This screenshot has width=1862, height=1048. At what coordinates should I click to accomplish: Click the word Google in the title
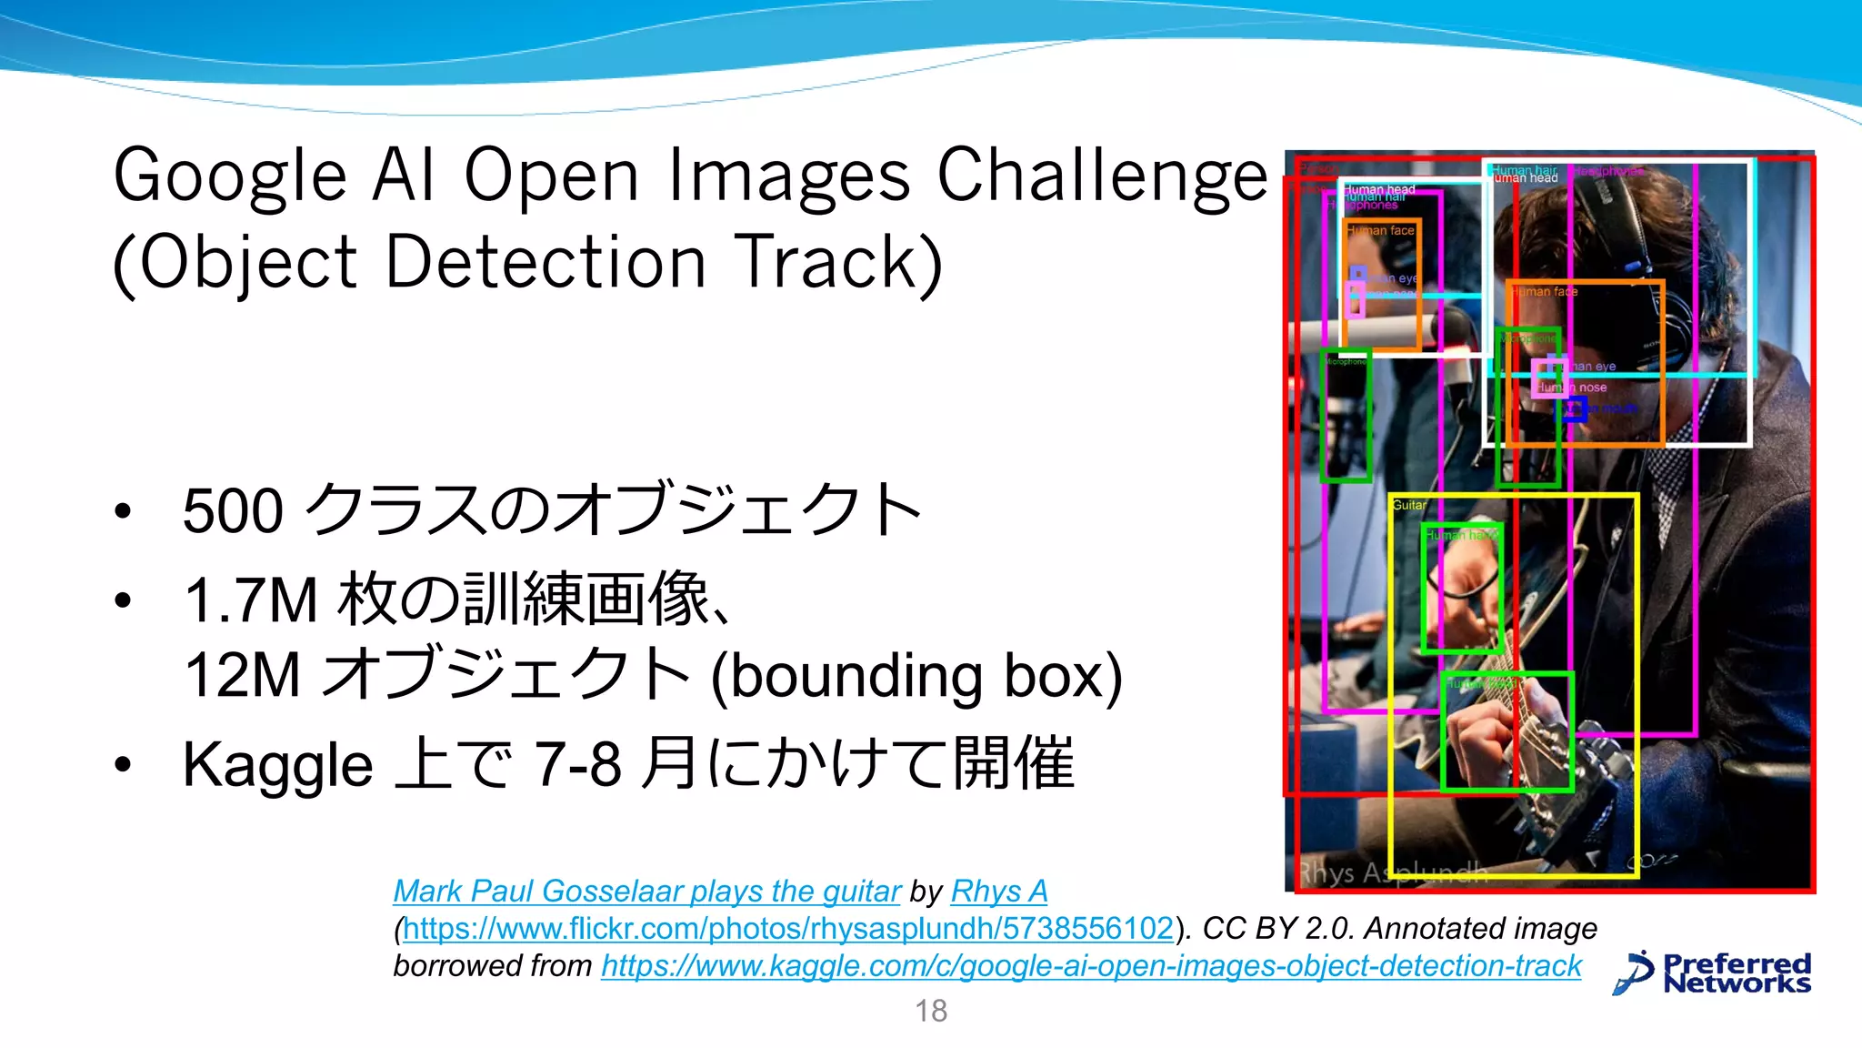coord(230,176)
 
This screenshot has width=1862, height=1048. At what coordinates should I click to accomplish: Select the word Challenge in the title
coord(1102,176)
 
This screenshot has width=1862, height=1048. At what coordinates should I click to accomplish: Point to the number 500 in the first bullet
coord(234,511)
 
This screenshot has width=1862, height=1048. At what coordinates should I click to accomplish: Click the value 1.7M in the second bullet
coord(251,601)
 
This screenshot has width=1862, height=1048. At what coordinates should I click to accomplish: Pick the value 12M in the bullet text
coord(242,676)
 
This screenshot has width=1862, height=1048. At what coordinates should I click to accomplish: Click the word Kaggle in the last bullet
coord(277,765)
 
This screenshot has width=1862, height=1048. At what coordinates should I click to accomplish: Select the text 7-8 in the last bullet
coord(578,765)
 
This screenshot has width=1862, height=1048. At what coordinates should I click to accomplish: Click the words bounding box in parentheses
coord(916,676)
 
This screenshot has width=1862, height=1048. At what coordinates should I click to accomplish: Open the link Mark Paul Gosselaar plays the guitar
coord(646,892)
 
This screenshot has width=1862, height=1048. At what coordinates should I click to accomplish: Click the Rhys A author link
coord(999,892)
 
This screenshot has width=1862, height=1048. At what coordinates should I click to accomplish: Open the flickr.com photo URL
coord(787,929)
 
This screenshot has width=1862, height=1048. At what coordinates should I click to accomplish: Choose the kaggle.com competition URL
coord(1091,966)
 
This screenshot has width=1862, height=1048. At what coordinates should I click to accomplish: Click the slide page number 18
coord(931,1011)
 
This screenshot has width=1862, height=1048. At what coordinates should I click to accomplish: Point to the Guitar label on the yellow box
coord(1409,505)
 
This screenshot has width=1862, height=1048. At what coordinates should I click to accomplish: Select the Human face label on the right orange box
coord(1546,292)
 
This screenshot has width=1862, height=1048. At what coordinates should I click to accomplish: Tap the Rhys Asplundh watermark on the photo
coord(1391,872)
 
